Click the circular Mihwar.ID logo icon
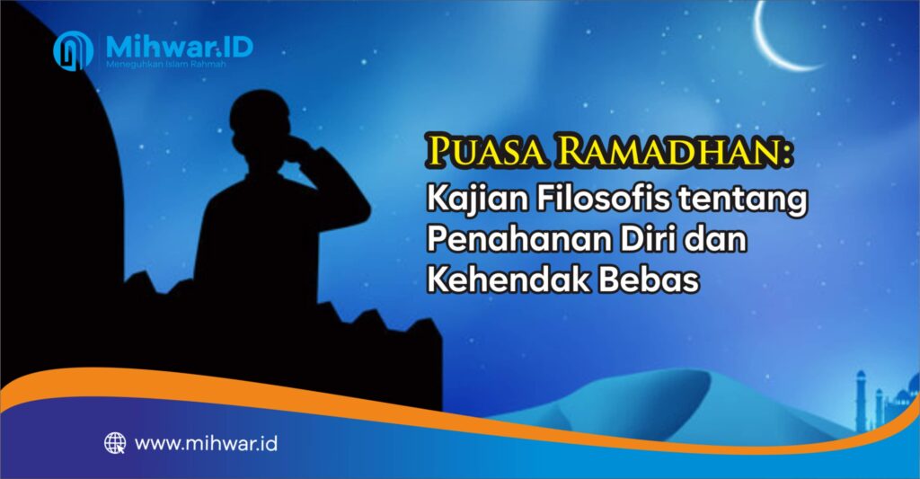coord(73,50)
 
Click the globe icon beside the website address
coord(115,443)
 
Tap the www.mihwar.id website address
coord(206,443)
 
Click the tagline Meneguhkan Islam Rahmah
coord(166,64)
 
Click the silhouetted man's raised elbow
coord(358,208)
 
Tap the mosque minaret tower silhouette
coord(861,400)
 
